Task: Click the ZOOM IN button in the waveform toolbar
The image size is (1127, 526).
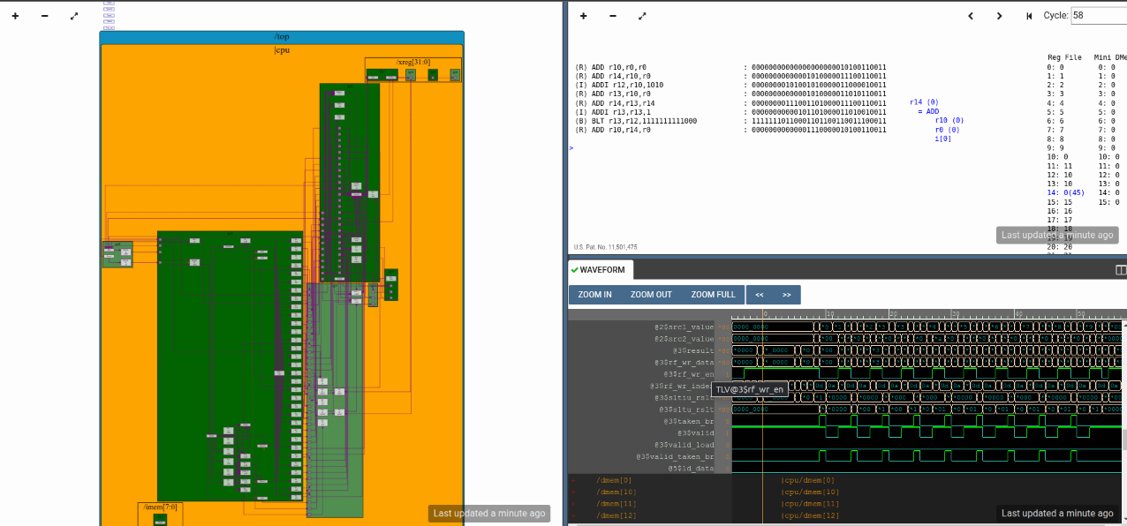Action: point(594,295)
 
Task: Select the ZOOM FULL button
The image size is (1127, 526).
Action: point(713,295)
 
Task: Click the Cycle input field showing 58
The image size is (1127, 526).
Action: point(1098,16)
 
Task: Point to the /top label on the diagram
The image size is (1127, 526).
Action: point(282,37)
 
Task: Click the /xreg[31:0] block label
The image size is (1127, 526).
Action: point(413,62)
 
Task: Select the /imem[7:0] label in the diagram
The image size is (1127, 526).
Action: point(160,507)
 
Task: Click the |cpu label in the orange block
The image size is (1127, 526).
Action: point(282,50)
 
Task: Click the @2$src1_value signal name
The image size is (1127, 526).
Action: point(684,327)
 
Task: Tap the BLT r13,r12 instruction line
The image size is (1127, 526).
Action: point(636,121)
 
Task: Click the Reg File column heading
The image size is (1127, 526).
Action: point(1063,57)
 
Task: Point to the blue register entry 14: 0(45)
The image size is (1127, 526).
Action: point(1065,192)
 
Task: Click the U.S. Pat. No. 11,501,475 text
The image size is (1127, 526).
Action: point(606,247)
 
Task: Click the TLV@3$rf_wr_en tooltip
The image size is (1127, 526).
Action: point(749,389)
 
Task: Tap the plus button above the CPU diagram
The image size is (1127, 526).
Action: point(15,16)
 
